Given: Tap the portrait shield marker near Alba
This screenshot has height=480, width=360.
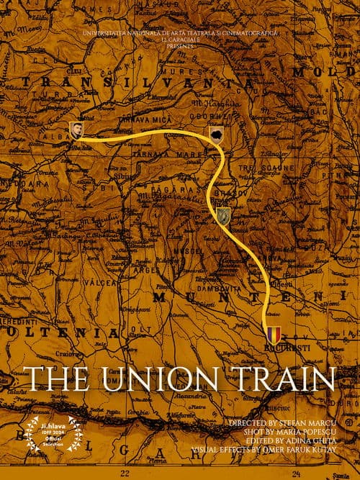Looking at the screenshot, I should pyautogui.click(x=76, y=130).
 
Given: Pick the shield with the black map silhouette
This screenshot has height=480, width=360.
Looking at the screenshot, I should pyautogui.click(x=216, y=135).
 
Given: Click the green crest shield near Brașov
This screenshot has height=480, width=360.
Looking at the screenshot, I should pyautogui.click(x=223, y=214).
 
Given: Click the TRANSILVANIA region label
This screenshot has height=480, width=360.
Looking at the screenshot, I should pyautogui.click(x=137, y=83).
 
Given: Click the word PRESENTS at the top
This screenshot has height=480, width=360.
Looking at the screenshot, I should pyautogui.click(x=181, y=45).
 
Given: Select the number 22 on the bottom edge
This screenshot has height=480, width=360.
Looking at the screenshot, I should pyautogui.click(x=125, y=474).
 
